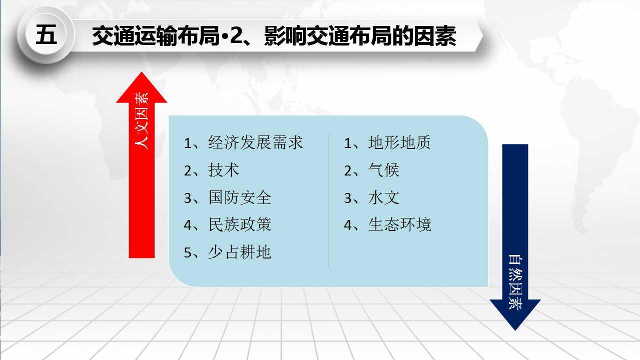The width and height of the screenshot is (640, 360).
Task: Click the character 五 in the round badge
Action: tap(46, 34)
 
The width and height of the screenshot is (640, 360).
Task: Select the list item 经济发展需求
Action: tap(255, 142)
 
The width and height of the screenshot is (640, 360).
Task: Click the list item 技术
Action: tap(224, 170)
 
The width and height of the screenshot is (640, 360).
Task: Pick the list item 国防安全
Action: tap(240, 197)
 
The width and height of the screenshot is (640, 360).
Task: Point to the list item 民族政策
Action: tap(240, 224)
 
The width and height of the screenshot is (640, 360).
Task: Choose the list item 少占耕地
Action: tap(240, 252)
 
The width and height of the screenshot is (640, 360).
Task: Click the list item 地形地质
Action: tap(399, 142)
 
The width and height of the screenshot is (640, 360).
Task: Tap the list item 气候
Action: tap(383, 170)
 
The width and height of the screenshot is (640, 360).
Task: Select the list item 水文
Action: tap(383, 197)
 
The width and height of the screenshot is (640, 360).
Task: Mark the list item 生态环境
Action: tap(399, 224)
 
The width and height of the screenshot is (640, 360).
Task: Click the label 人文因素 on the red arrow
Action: tap(142, 121)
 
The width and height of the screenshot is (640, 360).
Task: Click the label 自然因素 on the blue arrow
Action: tap(515, 282)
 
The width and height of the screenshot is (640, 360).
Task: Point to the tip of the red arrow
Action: tap(142, 71)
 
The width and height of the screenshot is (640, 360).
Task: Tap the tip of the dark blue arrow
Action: tap(515, 330)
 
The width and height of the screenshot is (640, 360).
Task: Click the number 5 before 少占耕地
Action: tap(188, 252)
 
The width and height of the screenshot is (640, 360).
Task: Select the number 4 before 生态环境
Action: tap(348, 225)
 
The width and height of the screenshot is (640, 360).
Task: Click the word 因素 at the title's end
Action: tap(435, 35)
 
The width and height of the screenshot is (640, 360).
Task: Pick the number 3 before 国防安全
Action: tap(188, 198)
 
